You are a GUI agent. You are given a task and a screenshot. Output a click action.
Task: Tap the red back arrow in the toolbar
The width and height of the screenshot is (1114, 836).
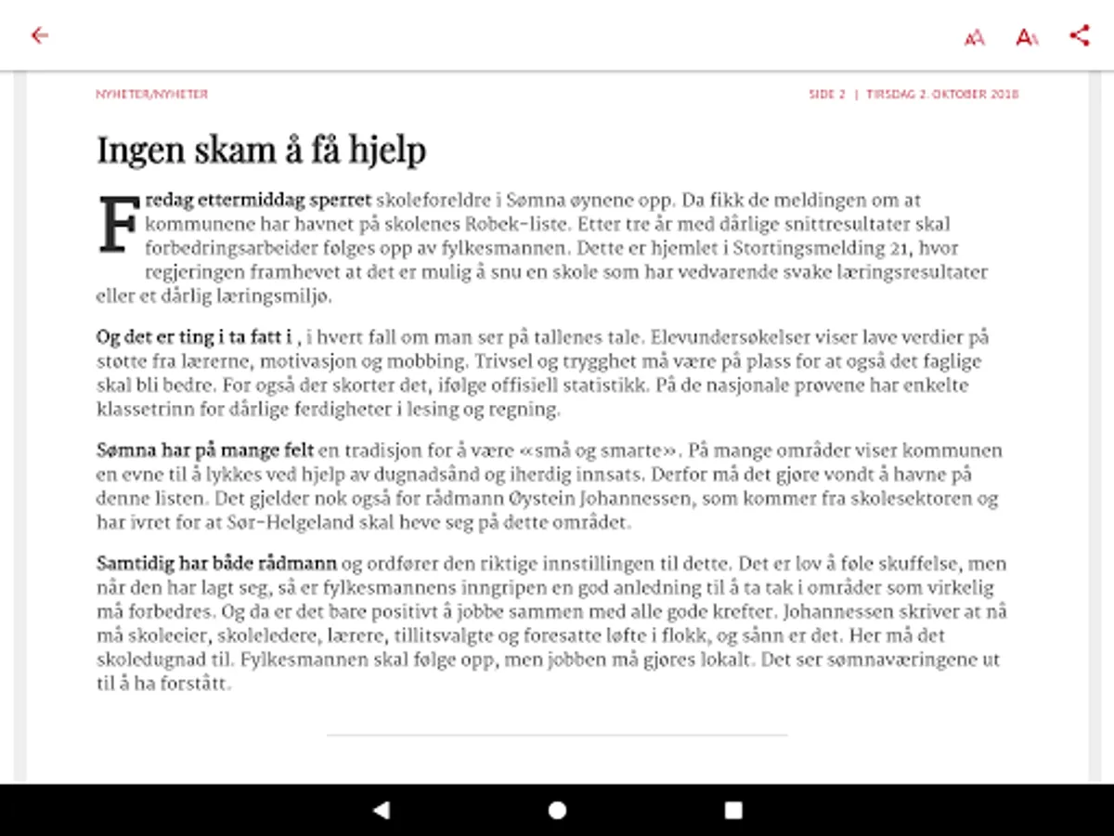click(39, 36)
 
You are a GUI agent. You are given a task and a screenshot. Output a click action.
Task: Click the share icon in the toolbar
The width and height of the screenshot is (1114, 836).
click(1079, 36)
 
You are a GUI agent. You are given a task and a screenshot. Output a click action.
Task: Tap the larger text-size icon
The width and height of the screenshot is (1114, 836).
click(1027, 37)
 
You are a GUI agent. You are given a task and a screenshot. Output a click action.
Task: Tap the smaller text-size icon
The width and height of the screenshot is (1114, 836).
click(974, 38)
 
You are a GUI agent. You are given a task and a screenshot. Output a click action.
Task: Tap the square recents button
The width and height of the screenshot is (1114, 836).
click(733, 810)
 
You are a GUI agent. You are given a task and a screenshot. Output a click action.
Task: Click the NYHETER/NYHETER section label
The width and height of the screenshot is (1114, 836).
click(152, 94)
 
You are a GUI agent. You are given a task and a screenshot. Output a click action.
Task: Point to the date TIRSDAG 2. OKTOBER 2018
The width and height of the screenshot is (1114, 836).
click(942, 94)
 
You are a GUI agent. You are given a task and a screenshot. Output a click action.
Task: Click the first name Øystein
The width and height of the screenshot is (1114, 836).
click(813, 499)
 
